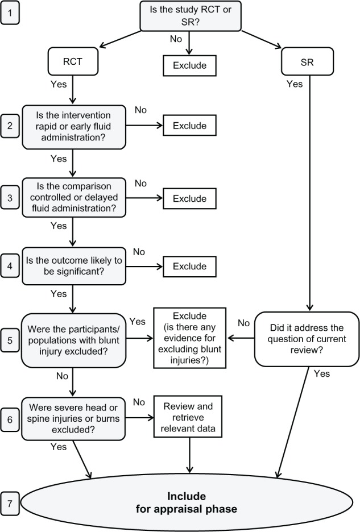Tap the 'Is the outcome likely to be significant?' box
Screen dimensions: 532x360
(73, 265)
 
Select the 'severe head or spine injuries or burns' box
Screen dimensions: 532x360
(73, 418)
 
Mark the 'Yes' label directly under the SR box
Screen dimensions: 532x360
(294, 84)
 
